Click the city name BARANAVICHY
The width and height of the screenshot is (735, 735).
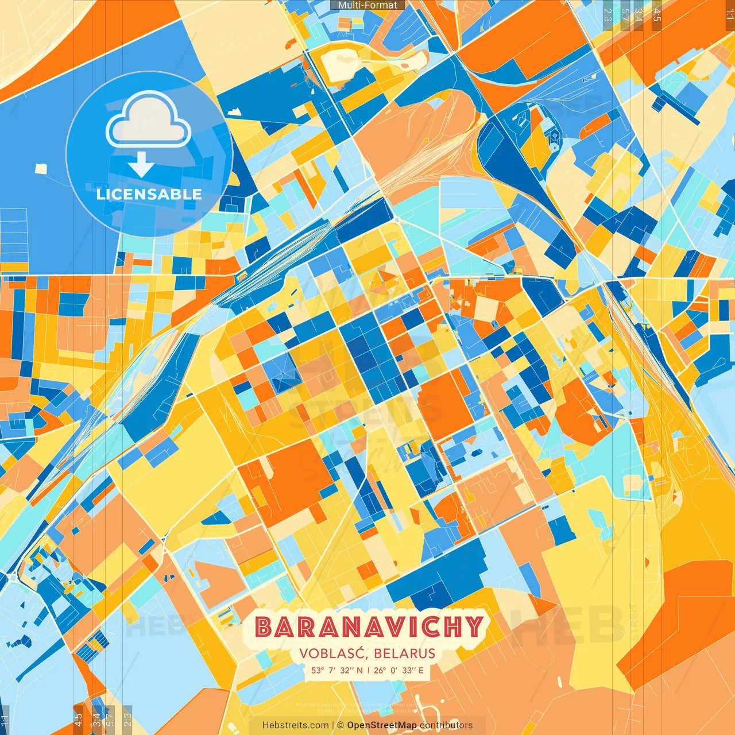pos(369,626)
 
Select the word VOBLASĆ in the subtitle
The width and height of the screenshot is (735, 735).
pos(333,653)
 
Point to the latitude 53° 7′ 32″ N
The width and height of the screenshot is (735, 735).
pos(337,670)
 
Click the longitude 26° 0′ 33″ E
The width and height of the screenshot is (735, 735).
pos(399,670)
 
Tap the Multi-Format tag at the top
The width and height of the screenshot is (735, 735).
pos(367,5)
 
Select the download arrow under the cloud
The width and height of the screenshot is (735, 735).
pos(141,164)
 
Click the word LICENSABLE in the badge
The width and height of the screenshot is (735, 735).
pos(149,194)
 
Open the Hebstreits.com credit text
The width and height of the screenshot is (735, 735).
pos(295,725)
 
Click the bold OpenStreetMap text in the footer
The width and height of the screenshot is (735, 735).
pos(382,725)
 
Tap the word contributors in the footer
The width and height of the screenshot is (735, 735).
pos(446,725)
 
